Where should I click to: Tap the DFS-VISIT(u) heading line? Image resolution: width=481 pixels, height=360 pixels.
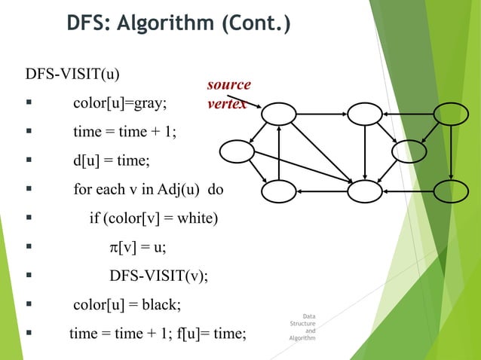tap(72, 75)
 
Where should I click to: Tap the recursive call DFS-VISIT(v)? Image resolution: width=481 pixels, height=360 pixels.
tap(158, 276)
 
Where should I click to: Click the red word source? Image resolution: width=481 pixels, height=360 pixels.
tap(228, 85)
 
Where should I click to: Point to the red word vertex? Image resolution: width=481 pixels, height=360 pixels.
tap(227, 104)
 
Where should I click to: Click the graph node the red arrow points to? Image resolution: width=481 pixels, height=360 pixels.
tap(279, 114)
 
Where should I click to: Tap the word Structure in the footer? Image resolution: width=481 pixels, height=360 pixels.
tap(302, 324)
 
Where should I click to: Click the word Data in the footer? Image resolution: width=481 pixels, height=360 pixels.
tap(309, 316)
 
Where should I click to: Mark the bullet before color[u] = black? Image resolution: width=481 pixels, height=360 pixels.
tap(28, 305)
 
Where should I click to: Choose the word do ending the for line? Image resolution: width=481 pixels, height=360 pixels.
tap(215, 190)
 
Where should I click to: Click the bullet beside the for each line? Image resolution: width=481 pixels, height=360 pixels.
tap(28, 190)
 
